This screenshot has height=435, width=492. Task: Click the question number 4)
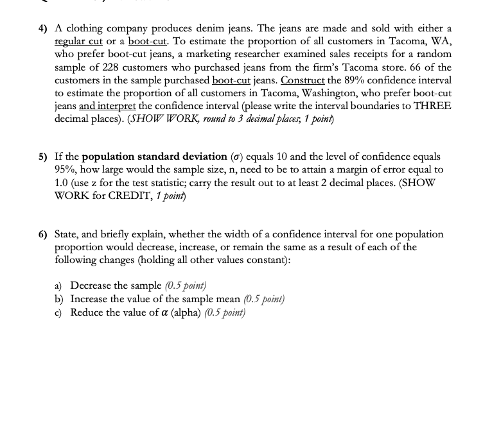point(42,29)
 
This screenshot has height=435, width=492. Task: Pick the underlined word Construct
point(303,80)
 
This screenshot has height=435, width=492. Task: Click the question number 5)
point(42,157)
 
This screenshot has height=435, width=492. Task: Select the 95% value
point(66,169)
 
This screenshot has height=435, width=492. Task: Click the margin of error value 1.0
point(62,182)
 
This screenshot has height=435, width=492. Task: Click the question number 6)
point(42,235)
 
